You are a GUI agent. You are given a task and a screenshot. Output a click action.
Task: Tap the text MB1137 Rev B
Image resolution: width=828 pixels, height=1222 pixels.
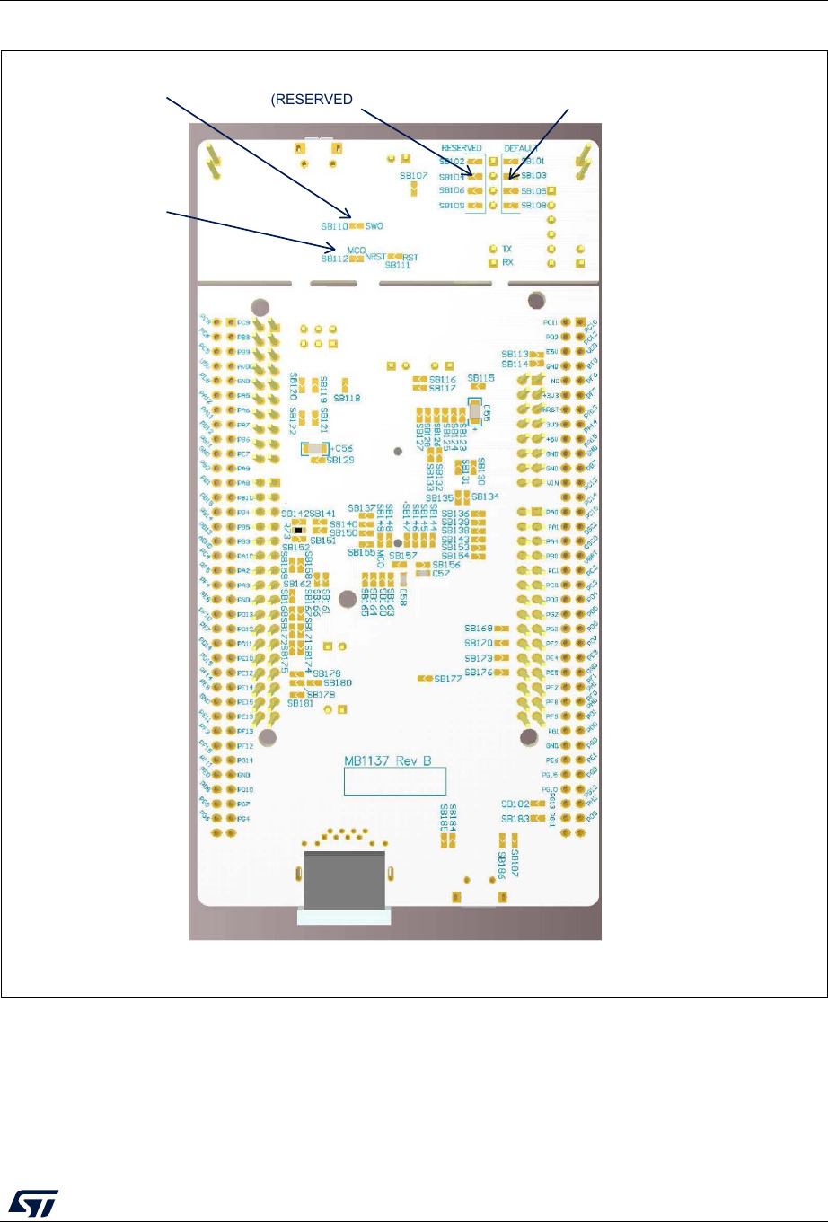pos(388,761)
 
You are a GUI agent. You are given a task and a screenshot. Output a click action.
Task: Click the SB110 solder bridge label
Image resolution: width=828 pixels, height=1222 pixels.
pos(333,227)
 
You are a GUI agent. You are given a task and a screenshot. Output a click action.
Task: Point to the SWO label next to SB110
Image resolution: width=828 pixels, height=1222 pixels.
pos(374,226)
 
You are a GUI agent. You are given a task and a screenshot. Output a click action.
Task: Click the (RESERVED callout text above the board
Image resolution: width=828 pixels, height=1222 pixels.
pos(312,100)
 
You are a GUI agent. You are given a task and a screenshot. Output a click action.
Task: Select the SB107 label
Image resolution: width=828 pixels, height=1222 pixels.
pos(414,176)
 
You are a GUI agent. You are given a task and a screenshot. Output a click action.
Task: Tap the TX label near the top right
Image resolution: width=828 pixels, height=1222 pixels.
pos(507,249)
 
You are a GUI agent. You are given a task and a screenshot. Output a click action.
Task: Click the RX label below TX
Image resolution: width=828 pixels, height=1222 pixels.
pos(507,263)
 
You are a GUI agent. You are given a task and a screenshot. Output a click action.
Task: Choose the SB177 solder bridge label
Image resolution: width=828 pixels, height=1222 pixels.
pos(448,679)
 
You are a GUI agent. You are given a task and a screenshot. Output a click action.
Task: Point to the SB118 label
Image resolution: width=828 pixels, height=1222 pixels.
pos(347,398)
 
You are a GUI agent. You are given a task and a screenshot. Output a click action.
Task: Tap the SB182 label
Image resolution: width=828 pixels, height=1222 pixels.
pos(515,804)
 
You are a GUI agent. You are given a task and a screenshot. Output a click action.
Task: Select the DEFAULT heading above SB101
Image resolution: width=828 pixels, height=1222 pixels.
pos(521,148)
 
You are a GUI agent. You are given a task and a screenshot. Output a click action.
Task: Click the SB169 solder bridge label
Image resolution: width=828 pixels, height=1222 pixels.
pos(479,629)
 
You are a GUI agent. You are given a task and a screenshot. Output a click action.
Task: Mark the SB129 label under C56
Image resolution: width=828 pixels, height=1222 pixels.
pos(340,461)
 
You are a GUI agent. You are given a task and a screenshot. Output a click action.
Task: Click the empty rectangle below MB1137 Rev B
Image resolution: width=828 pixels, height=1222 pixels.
pos(395,781)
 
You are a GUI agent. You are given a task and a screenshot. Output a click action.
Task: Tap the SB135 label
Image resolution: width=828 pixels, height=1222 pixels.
pos(440,497)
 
